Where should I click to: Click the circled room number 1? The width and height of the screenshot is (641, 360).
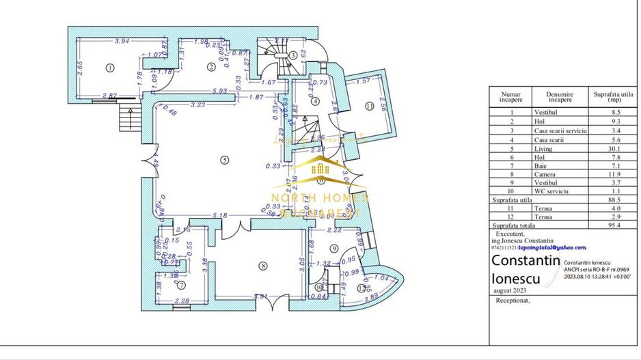pos(109,67)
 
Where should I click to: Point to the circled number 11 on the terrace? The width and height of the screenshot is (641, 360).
pos(370,107)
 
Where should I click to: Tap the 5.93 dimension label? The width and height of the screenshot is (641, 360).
pos(219,91)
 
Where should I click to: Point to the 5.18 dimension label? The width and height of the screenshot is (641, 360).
pos(220,216)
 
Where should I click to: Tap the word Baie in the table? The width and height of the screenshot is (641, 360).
pos(542,165)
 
